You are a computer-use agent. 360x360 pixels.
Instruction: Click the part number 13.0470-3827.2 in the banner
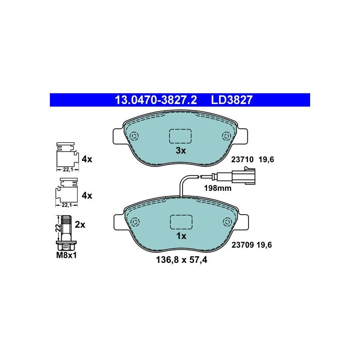156,100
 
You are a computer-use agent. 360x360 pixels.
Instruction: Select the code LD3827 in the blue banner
232,100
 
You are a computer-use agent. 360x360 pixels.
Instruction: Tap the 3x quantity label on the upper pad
181,151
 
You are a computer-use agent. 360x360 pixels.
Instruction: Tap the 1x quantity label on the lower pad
181,236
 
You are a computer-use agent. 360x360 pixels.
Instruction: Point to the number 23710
242,159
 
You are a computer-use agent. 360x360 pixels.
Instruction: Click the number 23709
243,245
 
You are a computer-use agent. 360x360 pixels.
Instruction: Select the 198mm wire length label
218,188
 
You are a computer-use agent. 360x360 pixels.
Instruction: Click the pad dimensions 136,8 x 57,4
182,260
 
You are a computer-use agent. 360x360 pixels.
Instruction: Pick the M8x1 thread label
66,255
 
